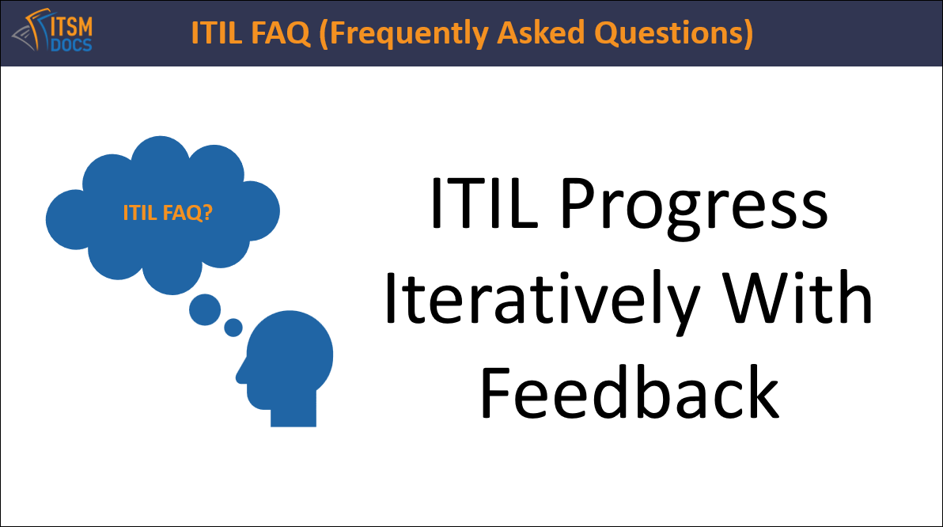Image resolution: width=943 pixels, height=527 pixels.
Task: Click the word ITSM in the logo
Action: tap(71, 26)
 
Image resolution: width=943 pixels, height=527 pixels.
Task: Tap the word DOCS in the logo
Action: tap(71, 45)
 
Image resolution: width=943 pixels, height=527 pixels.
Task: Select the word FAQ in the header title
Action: tap(281, 32)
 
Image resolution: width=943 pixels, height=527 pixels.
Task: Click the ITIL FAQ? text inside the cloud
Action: tap(168, 212)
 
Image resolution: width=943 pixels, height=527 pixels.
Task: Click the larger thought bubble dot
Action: tap(204, 310)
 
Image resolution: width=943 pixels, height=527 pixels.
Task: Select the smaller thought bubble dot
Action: tap(233, 328)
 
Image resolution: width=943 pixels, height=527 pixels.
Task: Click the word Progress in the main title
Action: tap(694, 207)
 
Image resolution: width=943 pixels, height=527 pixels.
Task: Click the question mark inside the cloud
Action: tap(207, 212)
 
